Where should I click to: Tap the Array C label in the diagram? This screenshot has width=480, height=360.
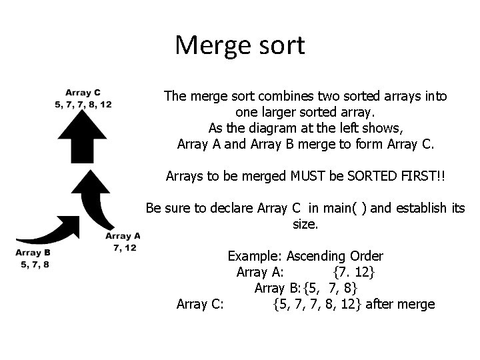[x=83, y=93]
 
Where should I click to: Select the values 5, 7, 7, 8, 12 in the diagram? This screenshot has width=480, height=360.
[x=83, y=105]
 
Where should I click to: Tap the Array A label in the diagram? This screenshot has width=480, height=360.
[x=123, y=236]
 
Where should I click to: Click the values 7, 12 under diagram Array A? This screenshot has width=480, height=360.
[x=125, y=247]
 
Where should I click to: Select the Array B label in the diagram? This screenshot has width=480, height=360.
[x=33, y=253]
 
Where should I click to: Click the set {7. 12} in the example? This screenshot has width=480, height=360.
[x=353, y=272]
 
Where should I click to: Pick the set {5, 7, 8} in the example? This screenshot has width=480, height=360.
[x=330, y=288]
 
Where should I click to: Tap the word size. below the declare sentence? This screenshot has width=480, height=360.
[x=305, y=225]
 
